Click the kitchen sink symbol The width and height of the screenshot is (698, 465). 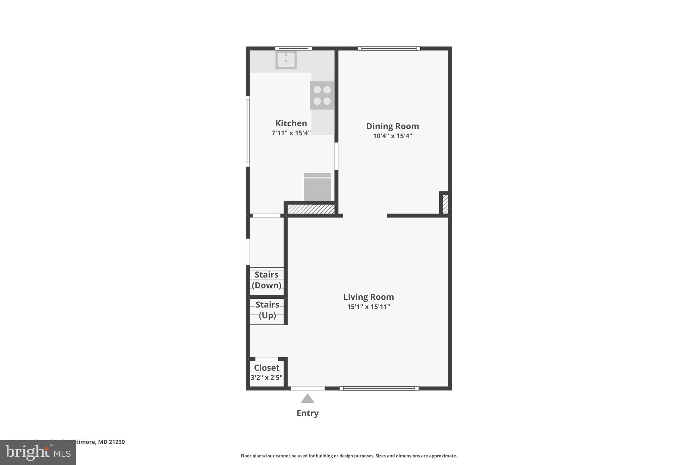click(x=286, y=60)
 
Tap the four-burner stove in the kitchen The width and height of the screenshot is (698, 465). click(x=322, y=95)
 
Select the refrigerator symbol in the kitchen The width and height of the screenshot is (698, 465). click(x=317, y=187)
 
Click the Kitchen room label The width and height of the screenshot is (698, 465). click(x=291, y=123)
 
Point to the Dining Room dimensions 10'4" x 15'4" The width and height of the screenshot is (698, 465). click(x=392, y=136)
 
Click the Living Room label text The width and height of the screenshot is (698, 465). click(x=368, y=297)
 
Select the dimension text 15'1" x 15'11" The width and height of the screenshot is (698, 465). click(x=368, y=307)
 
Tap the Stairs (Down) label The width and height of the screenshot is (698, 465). click(x=267, y=280)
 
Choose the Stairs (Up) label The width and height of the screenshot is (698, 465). click(x=267, y=310)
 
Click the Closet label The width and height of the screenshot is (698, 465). click(x=267, y=368)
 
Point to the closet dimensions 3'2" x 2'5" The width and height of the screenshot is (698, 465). click(x=267, y=377)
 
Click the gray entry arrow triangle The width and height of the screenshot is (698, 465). click(x=307, y=399)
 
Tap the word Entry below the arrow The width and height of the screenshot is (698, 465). click(x=307, y=413)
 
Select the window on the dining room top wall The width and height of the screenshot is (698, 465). click(x=389, y=48)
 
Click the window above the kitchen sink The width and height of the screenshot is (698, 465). click(x=293, y=48)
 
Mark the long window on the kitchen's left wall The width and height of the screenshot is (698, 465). click(x=248, y=131)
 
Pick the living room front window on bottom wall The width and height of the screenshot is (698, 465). click(x=379, y=388)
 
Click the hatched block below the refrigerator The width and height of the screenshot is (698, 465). click(x=311, y=209)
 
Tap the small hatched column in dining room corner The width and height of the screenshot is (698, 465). click(x=445, y=204)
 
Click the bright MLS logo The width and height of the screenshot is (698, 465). click(x=38, y=453)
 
